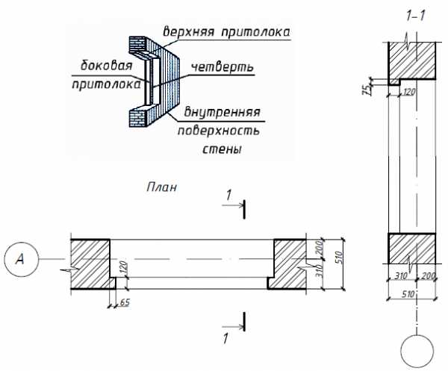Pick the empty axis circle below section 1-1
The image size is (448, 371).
click(x=417, y=350)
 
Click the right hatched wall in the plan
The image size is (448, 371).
click(x=288, y=264)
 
